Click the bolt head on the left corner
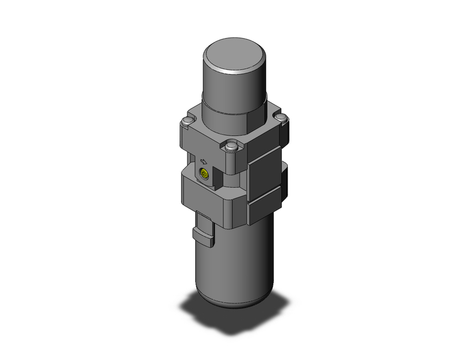click(186, 122)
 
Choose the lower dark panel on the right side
click(266, 205)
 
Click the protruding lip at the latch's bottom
click(204, 233)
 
